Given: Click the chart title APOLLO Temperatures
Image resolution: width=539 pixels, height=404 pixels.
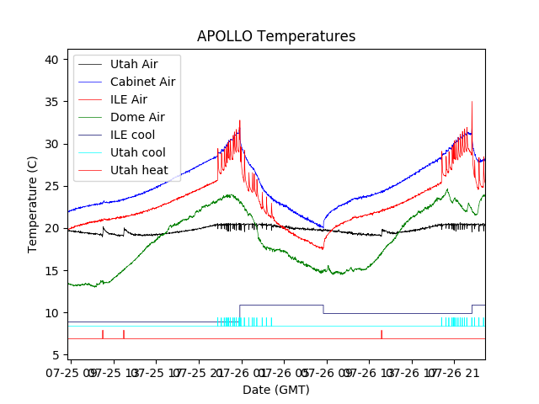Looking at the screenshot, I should pyautogui.click(x=276, y=36).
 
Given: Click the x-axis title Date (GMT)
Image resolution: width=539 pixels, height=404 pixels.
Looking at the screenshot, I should pyautogui.click(x=276, y=390).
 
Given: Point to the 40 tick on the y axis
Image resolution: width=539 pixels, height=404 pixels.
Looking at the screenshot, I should pyautogui.click(x=51, y=60).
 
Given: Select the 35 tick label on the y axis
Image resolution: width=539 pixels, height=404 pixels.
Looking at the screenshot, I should pyautogui.click(x=51, y=102).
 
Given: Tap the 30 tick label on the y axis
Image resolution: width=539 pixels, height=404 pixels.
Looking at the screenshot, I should pyautogui.click(x=51, y=144).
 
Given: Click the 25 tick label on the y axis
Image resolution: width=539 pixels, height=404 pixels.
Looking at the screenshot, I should pyautogui.click(x=51, y=186).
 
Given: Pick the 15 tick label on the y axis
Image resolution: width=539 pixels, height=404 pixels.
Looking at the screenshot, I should pyautogui.click(x=51, y=270).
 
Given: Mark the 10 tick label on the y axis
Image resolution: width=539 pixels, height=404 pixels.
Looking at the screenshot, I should pyautogui.click(x=51, y=313).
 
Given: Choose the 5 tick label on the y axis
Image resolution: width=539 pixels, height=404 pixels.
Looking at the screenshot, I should pyautogui.click(x=54, y=355).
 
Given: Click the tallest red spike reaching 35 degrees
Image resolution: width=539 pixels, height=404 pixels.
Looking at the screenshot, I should pyautogui.click(x=472, y=104).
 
